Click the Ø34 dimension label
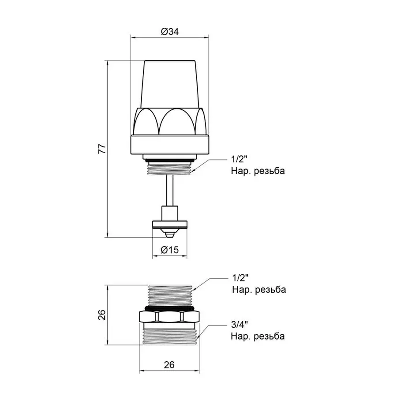pos(169,32)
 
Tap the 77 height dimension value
pos(101,149)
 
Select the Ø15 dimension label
pos(169,250)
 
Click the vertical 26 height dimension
pos(101,315)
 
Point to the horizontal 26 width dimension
pos(169,365)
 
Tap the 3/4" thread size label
pos(240,325)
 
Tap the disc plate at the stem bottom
pos(169,224)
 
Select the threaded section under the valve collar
pos(169,168)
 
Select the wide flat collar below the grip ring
pos(169,145)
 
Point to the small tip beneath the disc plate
pos(169,232)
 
